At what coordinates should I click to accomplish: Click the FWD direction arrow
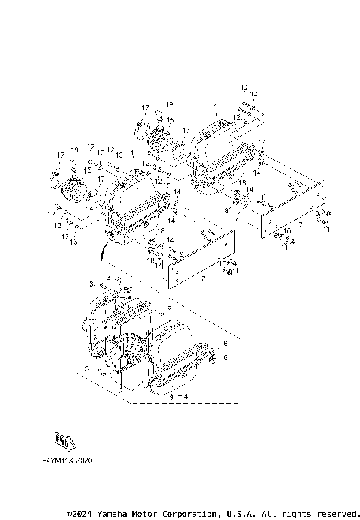click(65, 440)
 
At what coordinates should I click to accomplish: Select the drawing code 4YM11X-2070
click(69, 460)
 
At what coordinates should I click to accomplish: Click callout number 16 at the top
click(169, 104)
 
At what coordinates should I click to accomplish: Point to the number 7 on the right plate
click(300, 224)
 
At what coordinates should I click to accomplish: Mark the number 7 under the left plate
click(202, 277)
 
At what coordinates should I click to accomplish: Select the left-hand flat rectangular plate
click(199, 259)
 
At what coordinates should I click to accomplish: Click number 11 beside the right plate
click(326, 230)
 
